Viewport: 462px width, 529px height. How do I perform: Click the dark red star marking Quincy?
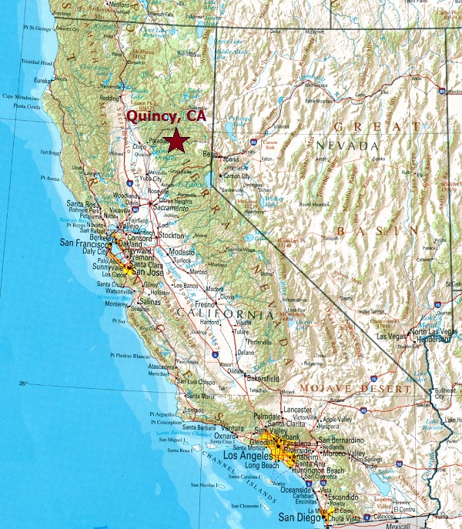178,140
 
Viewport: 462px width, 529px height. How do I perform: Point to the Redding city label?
109,99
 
